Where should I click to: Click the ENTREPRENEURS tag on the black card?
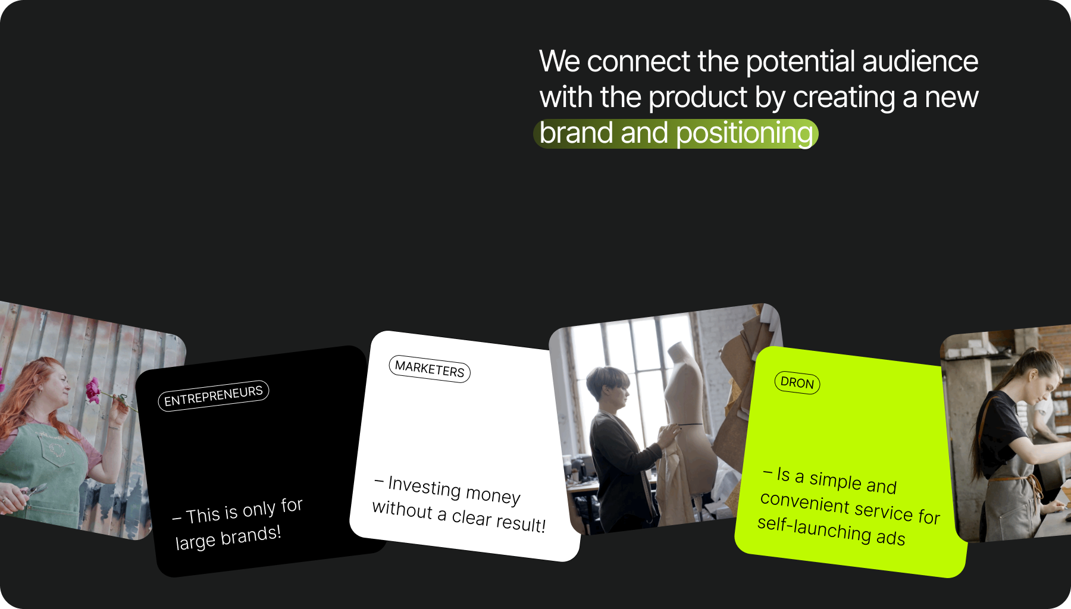(214, 395)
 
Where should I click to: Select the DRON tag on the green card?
(797, 382)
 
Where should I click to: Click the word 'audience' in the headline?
(920, 61)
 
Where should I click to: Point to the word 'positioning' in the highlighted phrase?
(745, 134)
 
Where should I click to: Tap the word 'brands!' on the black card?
(250, 536)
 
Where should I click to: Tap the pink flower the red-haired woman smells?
(93, 390)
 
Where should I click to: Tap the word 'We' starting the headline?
(559, 61)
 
